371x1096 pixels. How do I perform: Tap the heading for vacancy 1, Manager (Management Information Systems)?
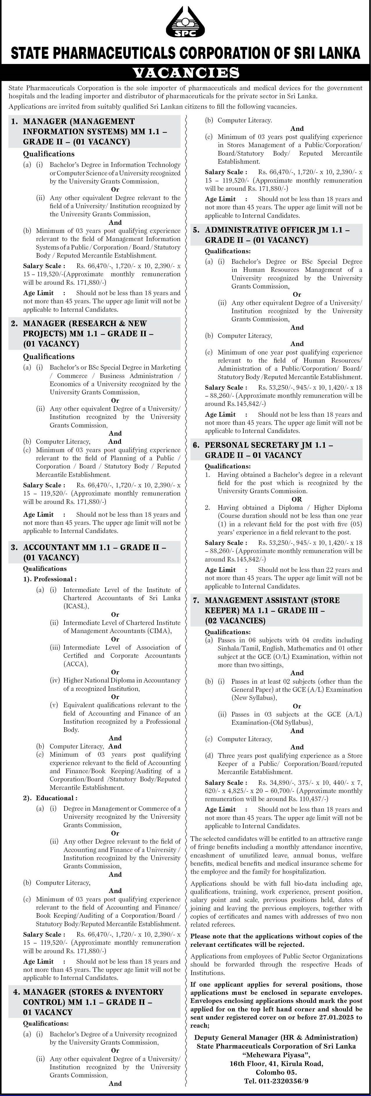coord(94,131)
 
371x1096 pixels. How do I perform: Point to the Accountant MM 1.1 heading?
coord(94,552)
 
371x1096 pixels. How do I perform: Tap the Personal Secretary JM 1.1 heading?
coord(268,450)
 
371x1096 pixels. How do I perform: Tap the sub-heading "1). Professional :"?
coord(50,579)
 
